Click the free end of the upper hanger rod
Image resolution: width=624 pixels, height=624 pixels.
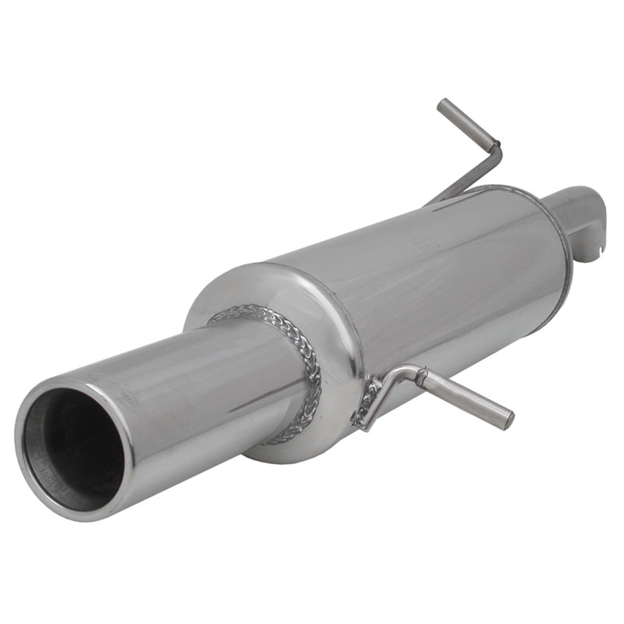(442, 105)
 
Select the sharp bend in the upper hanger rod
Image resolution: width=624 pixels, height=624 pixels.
(496, 146)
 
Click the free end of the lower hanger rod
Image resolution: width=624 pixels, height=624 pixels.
(509, 422)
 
